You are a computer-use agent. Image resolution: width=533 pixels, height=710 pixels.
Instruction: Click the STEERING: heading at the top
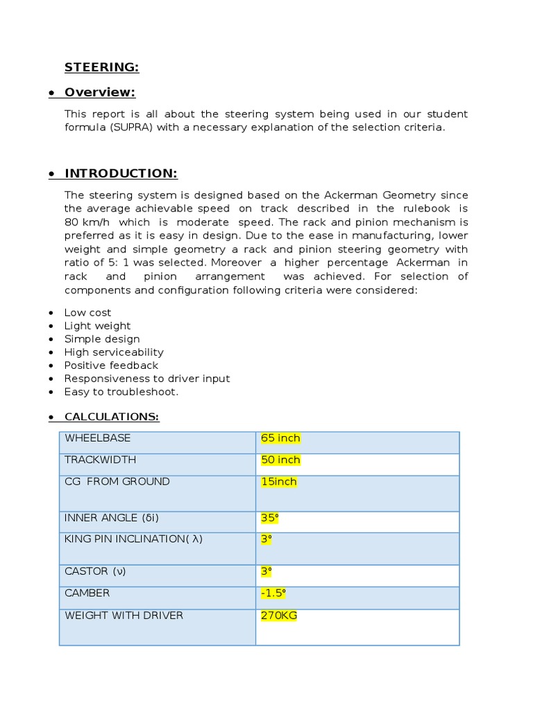click(101, 67)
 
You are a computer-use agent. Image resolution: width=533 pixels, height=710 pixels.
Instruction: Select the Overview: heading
click(100, 92)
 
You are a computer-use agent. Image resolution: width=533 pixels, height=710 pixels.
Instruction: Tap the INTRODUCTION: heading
click(121, 173)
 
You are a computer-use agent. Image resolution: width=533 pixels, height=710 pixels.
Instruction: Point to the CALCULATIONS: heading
click(111, 417)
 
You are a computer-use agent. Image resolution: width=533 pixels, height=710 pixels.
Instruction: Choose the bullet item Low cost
click(87, 313)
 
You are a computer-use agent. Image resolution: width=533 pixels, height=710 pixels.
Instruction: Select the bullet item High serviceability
click(114, 352)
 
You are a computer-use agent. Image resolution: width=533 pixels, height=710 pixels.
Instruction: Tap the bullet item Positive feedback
click(111, 365)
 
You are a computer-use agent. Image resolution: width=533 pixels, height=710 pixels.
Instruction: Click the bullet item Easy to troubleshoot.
click(121, 392)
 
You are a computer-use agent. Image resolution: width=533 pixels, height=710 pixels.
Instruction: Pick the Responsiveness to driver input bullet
click(146, 379)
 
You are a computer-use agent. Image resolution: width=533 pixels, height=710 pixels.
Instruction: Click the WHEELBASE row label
click(97, 438)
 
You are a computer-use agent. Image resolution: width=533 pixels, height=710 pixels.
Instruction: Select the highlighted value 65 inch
click(280, 438)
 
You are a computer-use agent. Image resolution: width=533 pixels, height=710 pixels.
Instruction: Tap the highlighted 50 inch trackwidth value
click(280, 460)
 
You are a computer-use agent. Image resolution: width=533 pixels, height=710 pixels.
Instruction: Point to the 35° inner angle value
click(269, 518)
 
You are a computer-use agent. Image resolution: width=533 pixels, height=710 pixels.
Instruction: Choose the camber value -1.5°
click(273, 594)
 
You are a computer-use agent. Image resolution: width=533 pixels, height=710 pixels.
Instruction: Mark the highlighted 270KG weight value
click(278, 616)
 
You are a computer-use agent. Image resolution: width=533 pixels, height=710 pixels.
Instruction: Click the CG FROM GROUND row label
click(117, 481)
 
